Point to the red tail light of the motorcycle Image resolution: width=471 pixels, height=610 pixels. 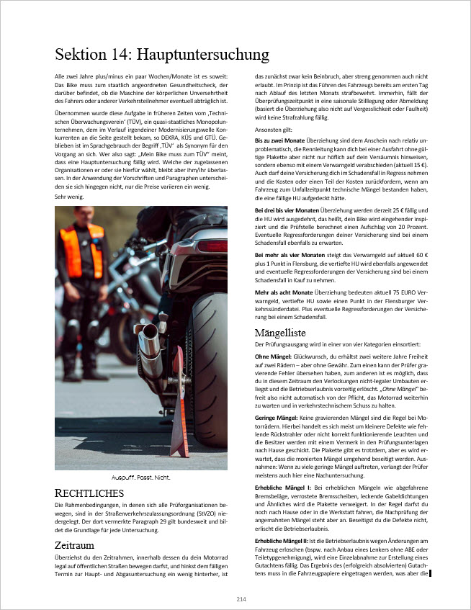tap(211, 246)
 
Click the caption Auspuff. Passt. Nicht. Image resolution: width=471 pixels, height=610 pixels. tap(140, 477)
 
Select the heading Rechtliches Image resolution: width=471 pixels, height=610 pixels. tap(89, 493)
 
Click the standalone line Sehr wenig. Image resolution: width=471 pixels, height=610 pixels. tap(70, 196)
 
